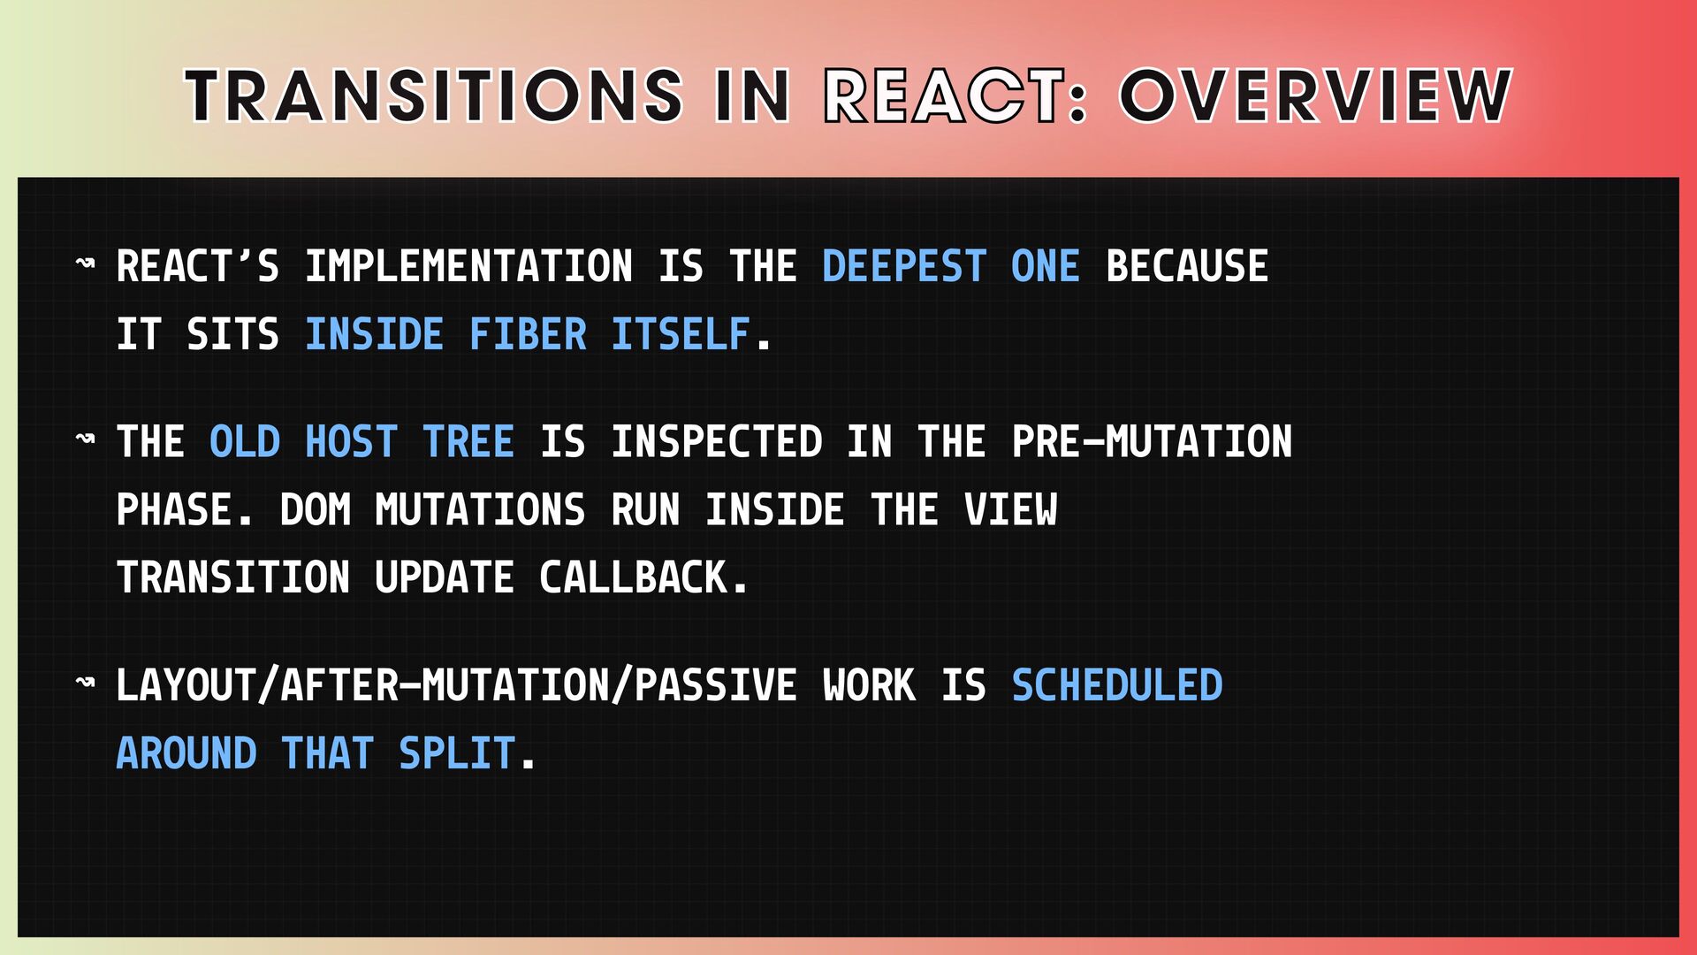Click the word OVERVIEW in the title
(1316, 95)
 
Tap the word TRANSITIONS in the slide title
(434, 95)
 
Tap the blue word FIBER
(528, 335)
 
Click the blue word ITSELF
(681, 335)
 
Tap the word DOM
(316, 510)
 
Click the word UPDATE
(445, 578)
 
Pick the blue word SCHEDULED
(1117, 686)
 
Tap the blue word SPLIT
(457, 754)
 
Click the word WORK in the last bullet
(869, 686)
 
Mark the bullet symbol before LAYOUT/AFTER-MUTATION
(86, 683)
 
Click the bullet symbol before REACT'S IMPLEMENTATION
(86, 264)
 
